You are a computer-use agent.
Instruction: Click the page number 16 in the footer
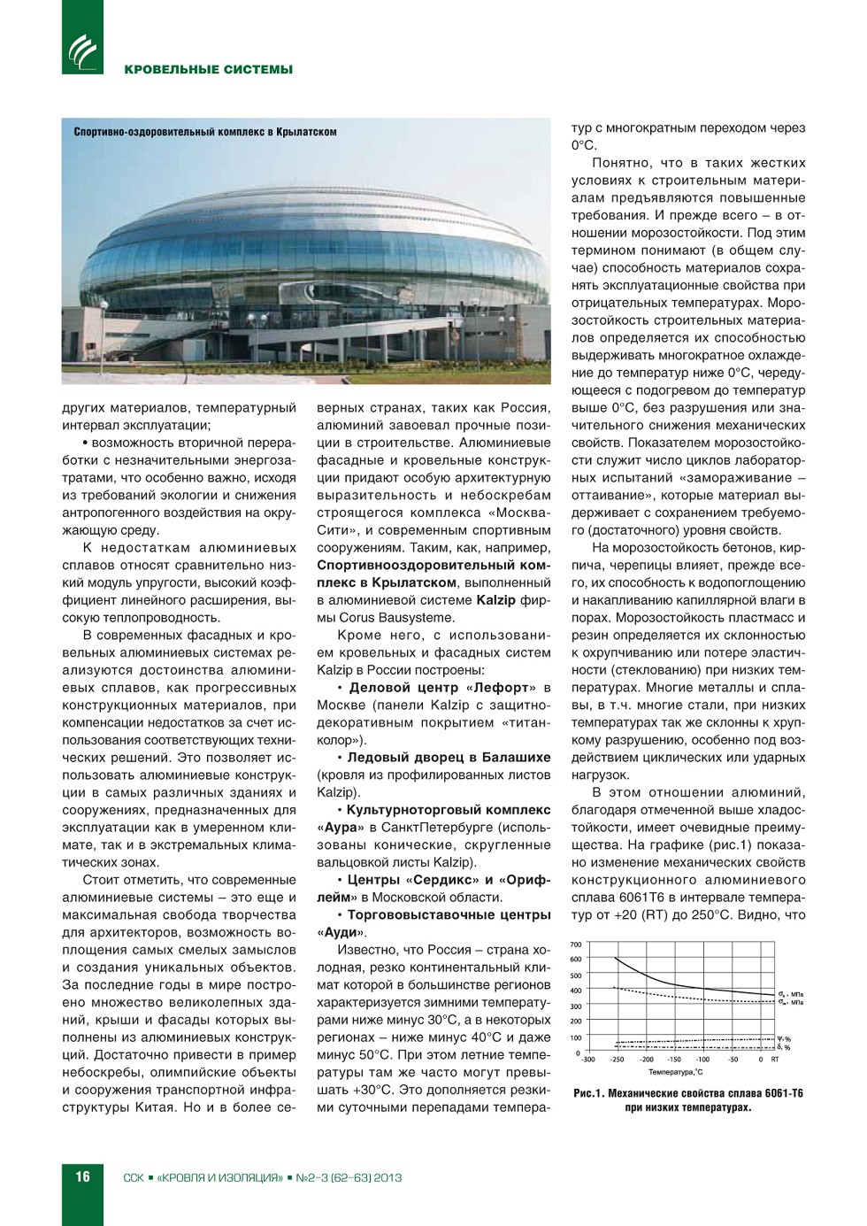coord(82,1176)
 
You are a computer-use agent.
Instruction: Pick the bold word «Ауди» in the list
coord(341,932)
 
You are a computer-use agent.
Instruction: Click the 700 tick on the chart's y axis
coord(576,945)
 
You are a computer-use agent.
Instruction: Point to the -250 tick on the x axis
coord(617,1060)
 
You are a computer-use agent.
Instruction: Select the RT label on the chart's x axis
coord(775,1060)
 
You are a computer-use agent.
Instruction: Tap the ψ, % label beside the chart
coord(784,1038)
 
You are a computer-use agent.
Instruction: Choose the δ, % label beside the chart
coord(784,1047)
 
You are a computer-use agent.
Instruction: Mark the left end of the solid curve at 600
coord(614,959)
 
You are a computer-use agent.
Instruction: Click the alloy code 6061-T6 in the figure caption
coord(782,1093)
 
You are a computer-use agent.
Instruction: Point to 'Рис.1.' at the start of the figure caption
coord(589,1093)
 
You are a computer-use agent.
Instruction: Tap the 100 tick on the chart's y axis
coord(576,1037)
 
